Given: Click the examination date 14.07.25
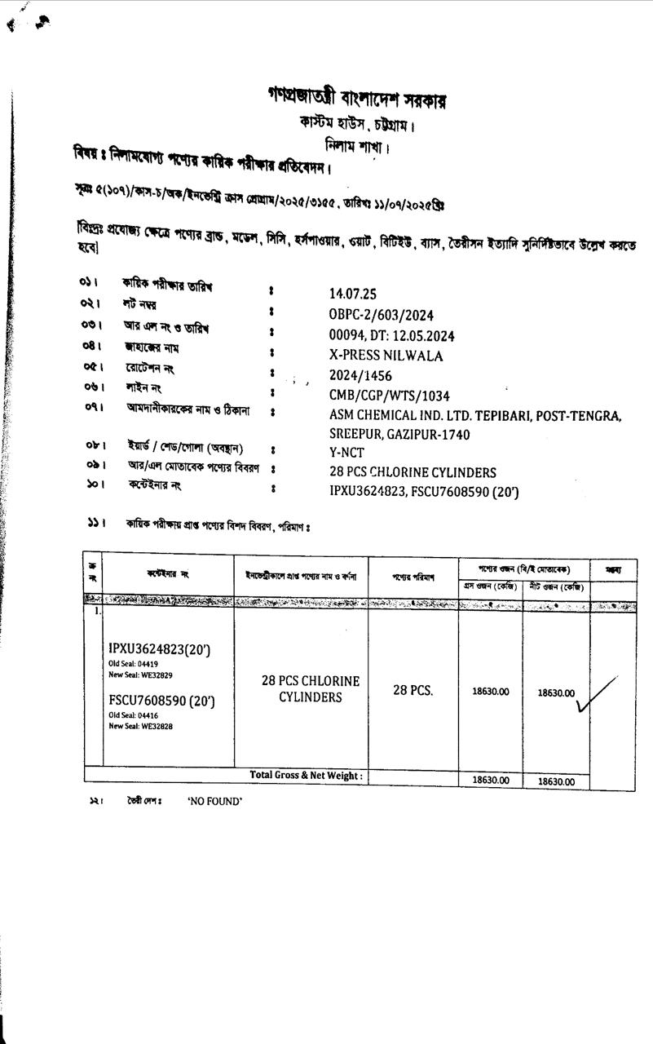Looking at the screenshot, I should point(353,294).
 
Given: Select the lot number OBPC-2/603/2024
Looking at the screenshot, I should point(381,315).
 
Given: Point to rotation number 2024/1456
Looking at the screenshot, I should point(360,376).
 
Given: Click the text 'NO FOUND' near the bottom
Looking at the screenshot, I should point(214,802).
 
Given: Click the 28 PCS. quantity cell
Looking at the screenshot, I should point(413,690).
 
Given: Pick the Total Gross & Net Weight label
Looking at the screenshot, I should point(306,776).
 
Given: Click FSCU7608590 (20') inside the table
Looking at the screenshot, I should point(161,701).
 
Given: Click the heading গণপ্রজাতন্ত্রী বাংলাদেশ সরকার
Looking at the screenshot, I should point(357,99).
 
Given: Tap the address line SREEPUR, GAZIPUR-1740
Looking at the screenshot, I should point(399,435).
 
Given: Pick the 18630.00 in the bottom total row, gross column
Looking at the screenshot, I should point(491,781).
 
